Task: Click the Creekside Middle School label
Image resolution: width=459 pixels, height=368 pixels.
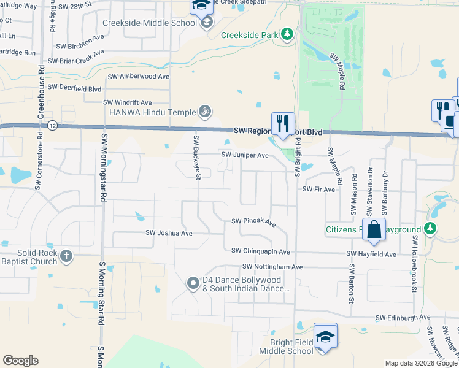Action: (x=150, y=23)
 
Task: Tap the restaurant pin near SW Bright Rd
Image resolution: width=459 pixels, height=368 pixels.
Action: (x=283, y=123)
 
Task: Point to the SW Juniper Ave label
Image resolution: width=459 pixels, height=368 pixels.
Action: (x=245, y=156)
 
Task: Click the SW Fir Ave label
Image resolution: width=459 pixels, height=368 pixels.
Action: (x=319, y=190)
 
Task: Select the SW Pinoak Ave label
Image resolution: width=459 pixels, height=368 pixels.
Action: (x=253, y=221)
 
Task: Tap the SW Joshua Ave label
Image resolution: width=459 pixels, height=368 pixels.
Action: (x=169, y=233)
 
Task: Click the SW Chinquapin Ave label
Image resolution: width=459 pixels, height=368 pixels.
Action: (x=260, y=251)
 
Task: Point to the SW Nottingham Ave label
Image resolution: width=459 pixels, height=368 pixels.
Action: (x=272, y=267)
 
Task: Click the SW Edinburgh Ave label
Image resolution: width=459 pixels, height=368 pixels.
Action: (x=403, y=318)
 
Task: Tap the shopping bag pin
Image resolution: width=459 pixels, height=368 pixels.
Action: (x=374, y=230)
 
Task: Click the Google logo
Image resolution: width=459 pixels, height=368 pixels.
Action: (x=20, y=361)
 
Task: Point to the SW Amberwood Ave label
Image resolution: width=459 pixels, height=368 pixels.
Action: (x=139, y=77)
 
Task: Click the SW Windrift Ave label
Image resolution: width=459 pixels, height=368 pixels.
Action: (x=127, y=102)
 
